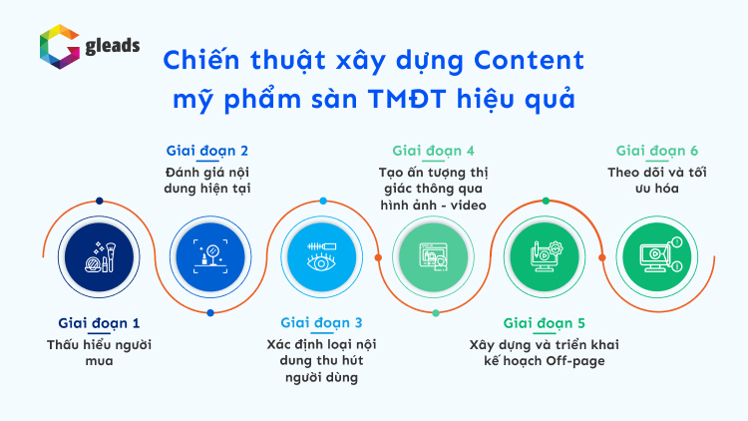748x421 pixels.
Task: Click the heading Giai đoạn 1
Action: click(99, 323)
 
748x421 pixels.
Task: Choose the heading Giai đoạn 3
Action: click(321, 322)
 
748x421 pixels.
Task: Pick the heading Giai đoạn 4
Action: click(433, 151)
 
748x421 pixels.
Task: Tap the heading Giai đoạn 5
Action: click(544, 323)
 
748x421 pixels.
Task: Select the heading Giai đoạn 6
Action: click(657, 151)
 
